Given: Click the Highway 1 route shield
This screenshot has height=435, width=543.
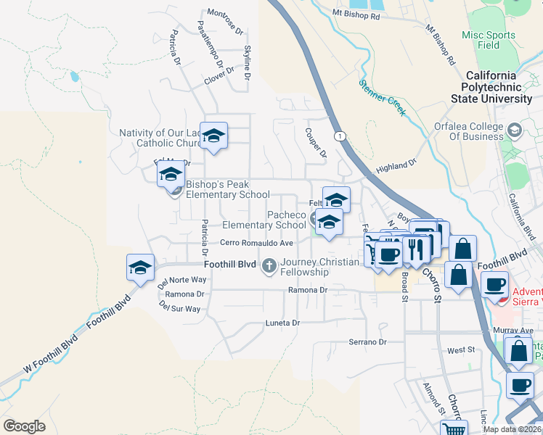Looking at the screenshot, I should click(x=339, y=136).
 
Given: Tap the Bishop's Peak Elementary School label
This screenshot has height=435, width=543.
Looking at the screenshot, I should click(x=227, y=189).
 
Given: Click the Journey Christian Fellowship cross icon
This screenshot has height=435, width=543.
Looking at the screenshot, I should click(x=269, y=265).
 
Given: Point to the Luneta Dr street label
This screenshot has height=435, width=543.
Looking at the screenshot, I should click(x=282, y=323).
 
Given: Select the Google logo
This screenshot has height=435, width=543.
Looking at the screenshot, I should click(x=24, y=426).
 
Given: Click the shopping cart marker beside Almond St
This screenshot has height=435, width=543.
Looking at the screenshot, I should click(x=454, y=429).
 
